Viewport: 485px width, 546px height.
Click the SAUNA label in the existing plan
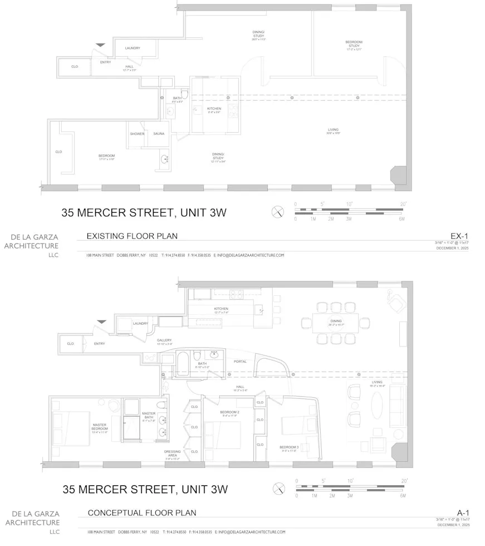159,134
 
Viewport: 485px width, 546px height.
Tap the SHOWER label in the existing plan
137,134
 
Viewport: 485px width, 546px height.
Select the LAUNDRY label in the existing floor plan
133,48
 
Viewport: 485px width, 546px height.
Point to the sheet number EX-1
458,236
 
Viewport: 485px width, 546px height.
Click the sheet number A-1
463,513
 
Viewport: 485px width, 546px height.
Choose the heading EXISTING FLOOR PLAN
132,236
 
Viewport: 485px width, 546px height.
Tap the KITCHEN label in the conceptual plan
221,309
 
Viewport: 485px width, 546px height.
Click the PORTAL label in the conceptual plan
240,361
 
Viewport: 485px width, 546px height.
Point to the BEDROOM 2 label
229,412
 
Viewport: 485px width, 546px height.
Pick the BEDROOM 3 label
290,447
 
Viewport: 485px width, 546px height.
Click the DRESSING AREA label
172,453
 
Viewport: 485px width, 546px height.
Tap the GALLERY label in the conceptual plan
164,340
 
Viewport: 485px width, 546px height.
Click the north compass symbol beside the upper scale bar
278,211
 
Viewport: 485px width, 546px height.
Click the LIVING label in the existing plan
333,130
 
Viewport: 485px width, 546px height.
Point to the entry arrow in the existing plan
100,45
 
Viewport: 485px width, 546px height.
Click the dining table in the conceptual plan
336,323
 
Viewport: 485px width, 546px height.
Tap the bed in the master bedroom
71,428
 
